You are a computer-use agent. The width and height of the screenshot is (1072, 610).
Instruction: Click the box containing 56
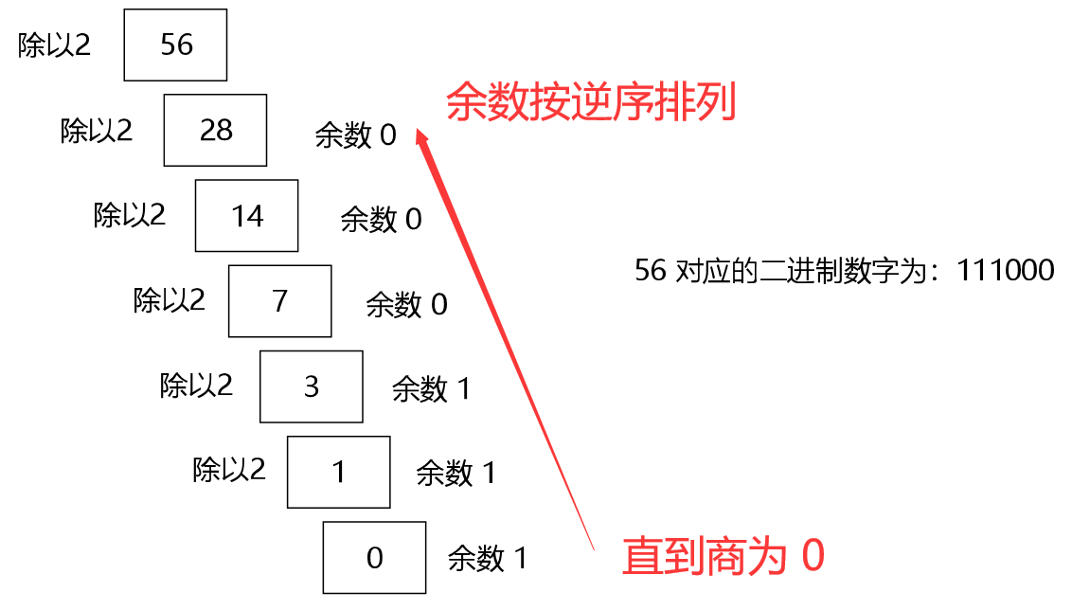click(x=175, y=45)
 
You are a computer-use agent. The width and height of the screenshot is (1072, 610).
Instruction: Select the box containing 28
click(x=216, y=131)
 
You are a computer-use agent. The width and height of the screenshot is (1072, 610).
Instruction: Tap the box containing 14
click(x=247, y=216)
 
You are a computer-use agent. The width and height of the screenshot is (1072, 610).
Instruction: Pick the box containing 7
click(x=279, y=301)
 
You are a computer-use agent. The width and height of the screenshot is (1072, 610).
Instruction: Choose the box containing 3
click(x=312, y=386)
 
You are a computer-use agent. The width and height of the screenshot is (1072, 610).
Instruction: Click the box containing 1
click(x=339, y=472)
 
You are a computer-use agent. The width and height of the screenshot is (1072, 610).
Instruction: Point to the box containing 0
click(x=374, y=557)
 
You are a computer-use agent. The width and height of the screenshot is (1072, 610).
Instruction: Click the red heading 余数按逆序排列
click(x=591, y=102)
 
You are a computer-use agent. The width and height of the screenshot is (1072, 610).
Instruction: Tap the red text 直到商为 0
click(x=723, y=556)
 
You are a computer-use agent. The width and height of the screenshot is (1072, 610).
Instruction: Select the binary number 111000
click(x=1005, y=271)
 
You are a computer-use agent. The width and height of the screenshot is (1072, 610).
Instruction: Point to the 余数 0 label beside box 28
click(x=355, y=135)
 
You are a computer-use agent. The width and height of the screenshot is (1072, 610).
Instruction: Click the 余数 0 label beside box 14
click(x=381, y=220)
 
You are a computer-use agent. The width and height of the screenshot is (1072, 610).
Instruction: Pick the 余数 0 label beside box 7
click(x=406, y=304)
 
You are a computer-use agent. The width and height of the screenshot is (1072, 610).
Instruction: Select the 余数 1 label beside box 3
click(x=431, y=388)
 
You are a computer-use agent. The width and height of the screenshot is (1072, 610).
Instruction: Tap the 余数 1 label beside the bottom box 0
click(x=487, y=558)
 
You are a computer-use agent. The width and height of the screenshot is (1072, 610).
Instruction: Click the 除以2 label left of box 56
click(x=55, y=45)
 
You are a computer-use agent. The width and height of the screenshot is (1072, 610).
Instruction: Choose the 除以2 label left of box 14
click(x=130, y=215)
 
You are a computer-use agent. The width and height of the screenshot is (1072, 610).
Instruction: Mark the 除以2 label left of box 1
click(x=229, y=470)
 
